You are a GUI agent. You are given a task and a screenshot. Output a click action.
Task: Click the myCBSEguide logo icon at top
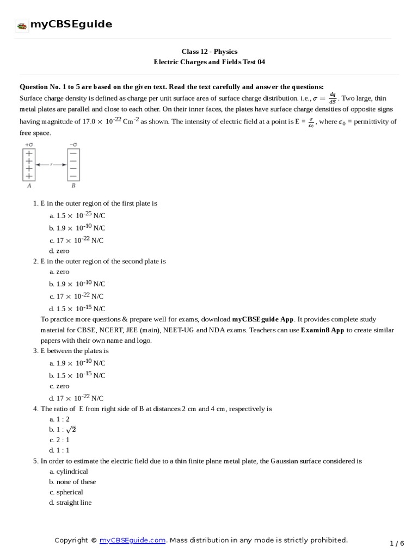click(x=22, y=25)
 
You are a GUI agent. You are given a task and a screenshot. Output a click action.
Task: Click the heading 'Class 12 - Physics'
click(x=210, y=52)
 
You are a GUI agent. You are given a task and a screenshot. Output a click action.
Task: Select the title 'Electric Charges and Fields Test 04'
click(x=210, y=62)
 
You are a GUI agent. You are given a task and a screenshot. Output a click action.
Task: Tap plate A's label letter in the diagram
click(x=28, y=185)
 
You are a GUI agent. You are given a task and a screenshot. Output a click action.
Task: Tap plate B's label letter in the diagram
click(x=73, y=185)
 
